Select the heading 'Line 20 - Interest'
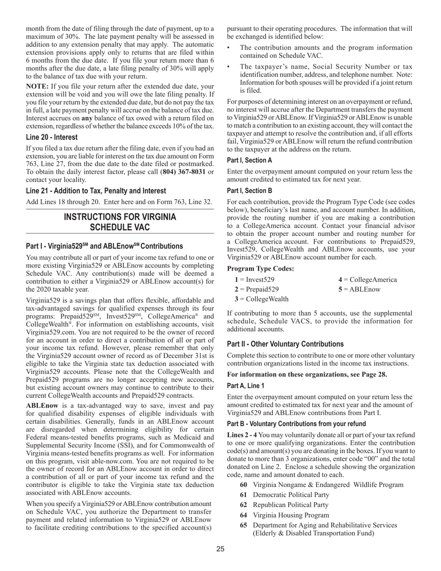pyautogui.click(x=52, y=137)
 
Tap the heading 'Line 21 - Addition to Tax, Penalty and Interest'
pyautogui.click(x=96, y=191)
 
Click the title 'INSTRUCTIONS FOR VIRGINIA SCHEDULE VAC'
pyautogui.click(x=120, y=222)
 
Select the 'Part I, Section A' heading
pyautogui.click(x=250, y=160)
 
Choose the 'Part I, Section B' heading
pyautogui.click(x=250, y=191)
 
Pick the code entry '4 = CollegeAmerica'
pyautogui.click(x=367, y=279)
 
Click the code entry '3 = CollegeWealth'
pyautogui.click(x=261, y=299)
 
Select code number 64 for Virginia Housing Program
pyautogui.click(x=243, y=515)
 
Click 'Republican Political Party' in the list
pyautogui.click(x=291, y=505)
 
